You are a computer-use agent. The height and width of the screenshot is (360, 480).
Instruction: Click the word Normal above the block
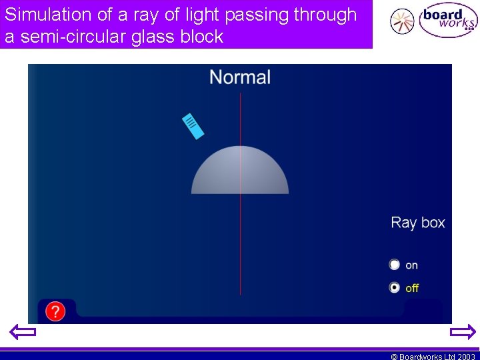click(x=240, y=77)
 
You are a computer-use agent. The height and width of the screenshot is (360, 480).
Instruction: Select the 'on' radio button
click(x=395, y=265)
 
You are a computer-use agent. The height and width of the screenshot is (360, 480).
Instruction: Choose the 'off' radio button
click(x=395, y=288)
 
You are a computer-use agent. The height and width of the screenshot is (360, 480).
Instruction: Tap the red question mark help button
click(x=55, y=311)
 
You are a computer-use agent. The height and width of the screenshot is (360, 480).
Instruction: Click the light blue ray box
click(x=193, y=125)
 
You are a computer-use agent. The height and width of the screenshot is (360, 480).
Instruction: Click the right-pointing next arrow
click(x=463, y=332)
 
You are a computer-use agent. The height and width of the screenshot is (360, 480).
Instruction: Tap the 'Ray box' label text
click(x=417, y=223)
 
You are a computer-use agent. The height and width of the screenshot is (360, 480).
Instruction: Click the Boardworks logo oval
click(x=448, y=21)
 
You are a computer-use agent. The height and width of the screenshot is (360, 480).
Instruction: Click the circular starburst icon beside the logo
click(x=402, y=21)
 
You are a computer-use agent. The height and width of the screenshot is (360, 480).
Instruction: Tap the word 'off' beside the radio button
click(x=412, y=288)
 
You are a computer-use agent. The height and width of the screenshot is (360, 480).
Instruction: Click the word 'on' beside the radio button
click(x=411, y=265)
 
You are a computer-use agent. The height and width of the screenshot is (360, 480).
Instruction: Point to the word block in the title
click(x=201, y=37)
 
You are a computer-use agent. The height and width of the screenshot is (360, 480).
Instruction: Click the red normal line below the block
click(x=240, y=247)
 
